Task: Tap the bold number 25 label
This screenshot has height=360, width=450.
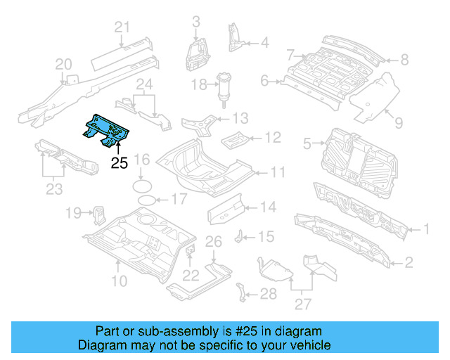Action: pyautogui.click(x=120, y=164)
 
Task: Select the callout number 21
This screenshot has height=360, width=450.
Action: pyautogui.click(x=123, y=28)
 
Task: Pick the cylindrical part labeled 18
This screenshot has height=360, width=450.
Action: pyautogui.click(x=225, y=88)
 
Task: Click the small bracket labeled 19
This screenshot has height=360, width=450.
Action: pyautogui.click(x=98, y=212)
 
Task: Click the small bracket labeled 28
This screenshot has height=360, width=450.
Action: pyautogui.click(x=242, y=291)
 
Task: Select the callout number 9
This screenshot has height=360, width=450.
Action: pyautogui.click(x=399, y=124)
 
